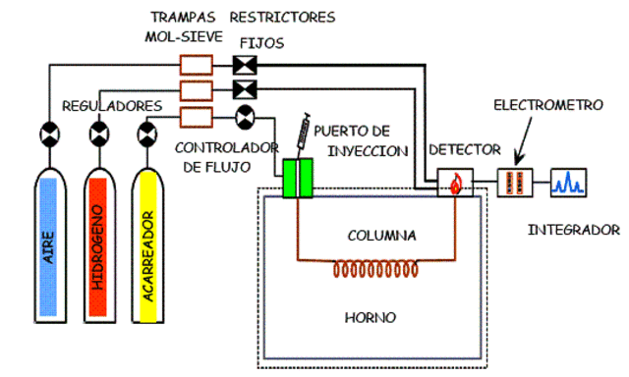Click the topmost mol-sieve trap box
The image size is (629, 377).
point(197,67)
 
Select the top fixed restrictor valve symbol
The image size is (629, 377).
point(244,67)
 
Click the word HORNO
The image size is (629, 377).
point(371,318)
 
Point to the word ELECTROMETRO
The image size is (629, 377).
point(543,103)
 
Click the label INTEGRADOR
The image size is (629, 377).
point(574,231)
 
